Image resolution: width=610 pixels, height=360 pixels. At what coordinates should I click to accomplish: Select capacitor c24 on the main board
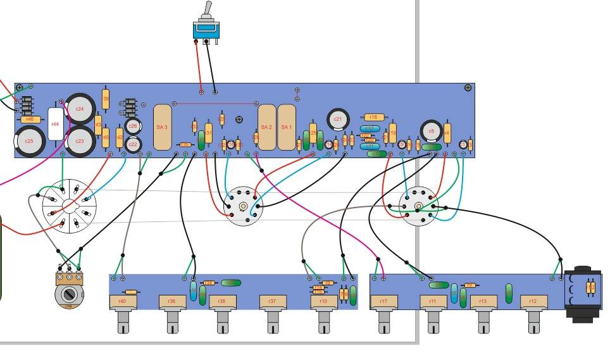80,109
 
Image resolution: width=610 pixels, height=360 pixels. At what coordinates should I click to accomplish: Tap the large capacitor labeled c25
29,140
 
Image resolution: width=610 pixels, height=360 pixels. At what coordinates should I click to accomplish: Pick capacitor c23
80,140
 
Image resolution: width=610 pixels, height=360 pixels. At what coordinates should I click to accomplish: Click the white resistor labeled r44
55,124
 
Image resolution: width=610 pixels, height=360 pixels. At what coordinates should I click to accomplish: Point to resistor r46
28,119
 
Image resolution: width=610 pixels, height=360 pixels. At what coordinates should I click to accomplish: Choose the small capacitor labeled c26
133,127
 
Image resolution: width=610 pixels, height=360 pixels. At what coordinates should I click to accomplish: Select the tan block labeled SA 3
162,127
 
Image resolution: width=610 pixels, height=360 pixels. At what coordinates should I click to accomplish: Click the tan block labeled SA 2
267,127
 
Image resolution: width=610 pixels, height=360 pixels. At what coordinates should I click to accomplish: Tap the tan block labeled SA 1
287,127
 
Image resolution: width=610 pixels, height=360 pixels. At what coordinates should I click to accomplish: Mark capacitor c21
337,119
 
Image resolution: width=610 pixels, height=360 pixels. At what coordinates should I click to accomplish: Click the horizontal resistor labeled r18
373,117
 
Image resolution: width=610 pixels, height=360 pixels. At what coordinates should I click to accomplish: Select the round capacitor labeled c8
431,131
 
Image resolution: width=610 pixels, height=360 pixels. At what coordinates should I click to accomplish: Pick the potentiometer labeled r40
122,302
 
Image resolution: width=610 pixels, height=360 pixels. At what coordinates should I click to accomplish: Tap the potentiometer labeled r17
383,302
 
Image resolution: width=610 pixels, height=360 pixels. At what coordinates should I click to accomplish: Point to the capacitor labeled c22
133,144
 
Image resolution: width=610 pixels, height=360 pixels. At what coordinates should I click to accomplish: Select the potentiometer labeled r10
323,302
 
